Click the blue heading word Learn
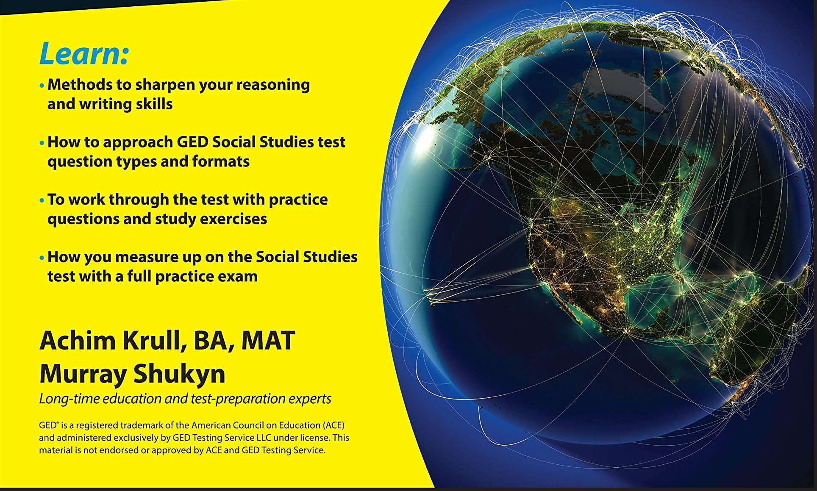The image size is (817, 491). [83, 54]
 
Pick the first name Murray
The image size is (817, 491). [83, 374]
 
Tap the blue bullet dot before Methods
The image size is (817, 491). [42, 85]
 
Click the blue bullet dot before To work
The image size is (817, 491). [42, 200]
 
